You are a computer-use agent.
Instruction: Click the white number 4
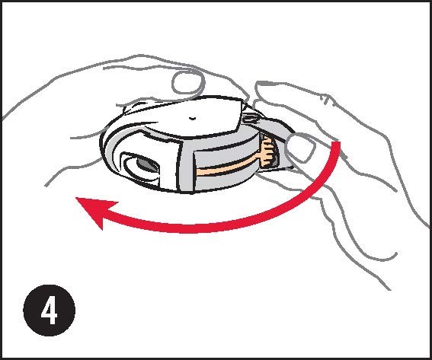click(x=50, y=311)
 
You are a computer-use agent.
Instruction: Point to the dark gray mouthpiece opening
click(x=147, y=164)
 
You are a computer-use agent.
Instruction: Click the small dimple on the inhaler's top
click(x=192, y=118)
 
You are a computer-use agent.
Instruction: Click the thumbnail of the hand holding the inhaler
click(x=189, y=81)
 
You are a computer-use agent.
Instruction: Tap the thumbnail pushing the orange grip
click(x=301, y=146)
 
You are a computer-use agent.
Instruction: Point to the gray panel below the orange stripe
click(x=226, y=182)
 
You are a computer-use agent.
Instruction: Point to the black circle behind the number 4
click(x=50, y=311)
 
